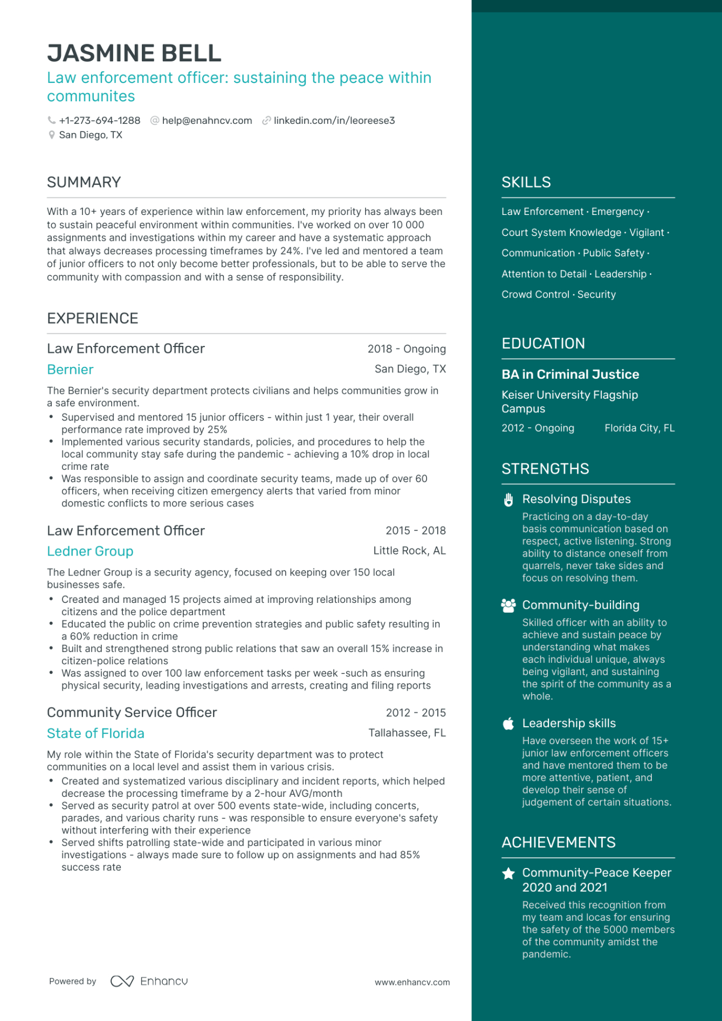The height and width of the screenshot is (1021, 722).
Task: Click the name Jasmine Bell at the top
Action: coord(134,53)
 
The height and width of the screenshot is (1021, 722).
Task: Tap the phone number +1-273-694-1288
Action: coord(99,121)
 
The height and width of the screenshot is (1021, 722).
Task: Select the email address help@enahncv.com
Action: coord(207,121)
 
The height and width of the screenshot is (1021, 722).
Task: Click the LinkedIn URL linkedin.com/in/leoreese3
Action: coord(334,121)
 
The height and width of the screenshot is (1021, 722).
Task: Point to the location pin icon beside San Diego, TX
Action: coord(52,135)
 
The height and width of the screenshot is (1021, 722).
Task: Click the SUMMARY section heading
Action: coord(84,182)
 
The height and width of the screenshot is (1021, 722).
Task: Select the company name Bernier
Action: coord(70,370)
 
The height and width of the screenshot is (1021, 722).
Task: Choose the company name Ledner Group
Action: coord(90,551)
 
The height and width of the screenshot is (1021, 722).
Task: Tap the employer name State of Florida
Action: coord(95,733)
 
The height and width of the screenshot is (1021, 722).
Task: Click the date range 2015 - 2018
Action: coord(415,531)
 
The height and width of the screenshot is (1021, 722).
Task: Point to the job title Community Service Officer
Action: coord(132,712)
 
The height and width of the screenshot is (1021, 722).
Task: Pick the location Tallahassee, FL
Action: coord(407,733)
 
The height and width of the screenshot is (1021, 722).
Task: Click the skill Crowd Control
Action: coord(535,295)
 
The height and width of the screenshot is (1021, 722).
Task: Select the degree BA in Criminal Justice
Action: coord(570,374)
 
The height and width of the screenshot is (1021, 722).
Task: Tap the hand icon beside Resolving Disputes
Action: coord(508,500)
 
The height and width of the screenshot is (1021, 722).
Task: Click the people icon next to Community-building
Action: coord(508,606)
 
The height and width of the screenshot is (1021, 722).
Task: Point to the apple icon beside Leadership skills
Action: coord(508,724)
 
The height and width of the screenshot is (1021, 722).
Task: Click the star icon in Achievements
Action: coord(508,873)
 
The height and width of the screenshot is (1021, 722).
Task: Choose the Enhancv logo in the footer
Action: coord(149,981)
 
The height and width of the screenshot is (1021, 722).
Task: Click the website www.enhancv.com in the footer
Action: coord(412,982)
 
